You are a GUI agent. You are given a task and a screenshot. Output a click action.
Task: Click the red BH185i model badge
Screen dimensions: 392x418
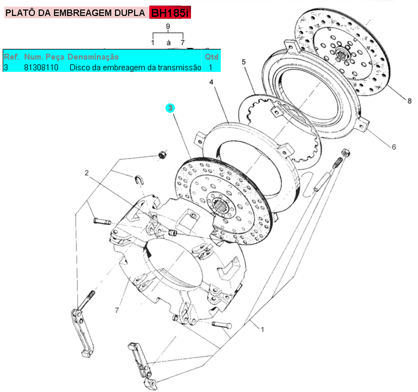point(170,13)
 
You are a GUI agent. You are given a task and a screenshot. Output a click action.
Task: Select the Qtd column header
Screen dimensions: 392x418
point(211,57)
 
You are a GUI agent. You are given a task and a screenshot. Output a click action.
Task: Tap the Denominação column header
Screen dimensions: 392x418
point(93,57)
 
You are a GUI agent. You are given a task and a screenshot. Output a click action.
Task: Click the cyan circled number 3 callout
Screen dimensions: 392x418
point(171,108)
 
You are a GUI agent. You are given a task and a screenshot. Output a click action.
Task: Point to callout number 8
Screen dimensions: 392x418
point(409,101)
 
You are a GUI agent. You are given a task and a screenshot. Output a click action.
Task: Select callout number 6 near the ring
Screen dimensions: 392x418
point(394,147)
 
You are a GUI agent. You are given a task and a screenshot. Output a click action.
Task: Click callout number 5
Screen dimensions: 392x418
point(243,62)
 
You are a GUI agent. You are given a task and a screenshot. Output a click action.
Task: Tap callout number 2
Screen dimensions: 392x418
point(88,172)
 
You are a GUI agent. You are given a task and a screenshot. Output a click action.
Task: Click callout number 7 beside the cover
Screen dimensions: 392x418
point(117,309)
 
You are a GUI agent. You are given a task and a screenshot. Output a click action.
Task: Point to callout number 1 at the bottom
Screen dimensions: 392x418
point(263,329)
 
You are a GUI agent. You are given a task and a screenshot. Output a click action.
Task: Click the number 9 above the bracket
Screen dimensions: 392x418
point(168,27)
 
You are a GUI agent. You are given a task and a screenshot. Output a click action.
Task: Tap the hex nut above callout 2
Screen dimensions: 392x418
point(163,155)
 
